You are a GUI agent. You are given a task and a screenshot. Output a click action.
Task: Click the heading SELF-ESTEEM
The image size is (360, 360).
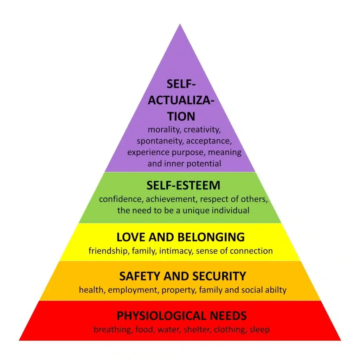(x=183, y=185)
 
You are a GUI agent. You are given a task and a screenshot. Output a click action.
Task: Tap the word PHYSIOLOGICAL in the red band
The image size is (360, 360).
(x=161, y=316)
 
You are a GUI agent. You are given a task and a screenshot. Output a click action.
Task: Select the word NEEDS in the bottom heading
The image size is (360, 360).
(x=228, y=316)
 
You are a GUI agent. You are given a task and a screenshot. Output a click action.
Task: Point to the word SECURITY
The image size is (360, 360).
(x=219, y=276)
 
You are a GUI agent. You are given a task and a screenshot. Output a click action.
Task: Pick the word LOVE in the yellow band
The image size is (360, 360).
(x=131, y=237)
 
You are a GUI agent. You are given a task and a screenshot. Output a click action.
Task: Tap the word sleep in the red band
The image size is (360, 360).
(x=260, y=330)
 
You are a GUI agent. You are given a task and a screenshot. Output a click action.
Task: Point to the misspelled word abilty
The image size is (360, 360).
(x=276, y=290)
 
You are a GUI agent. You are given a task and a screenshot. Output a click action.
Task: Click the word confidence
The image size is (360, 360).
(x=121, y=199)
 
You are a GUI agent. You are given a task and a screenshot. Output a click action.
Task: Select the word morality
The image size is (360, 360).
(x=164, y=130)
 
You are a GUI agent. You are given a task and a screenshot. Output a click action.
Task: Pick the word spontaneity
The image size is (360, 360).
(x=160, y=141)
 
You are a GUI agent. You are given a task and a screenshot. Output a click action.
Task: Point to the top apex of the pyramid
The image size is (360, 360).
(x=180, y=24)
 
